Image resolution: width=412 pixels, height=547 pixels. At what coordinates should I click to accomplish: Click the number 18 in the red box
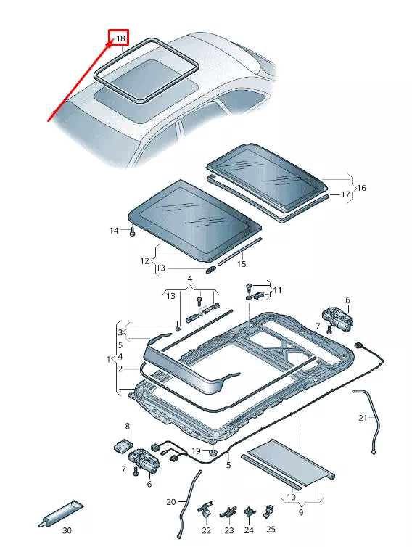tap(120, 38)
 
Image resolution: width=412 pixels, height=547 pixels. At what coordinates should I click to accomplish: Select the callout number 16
tap(361, 188)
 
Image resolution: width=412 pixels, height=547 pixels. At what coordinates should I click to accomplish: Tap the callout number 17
tap(345, 194)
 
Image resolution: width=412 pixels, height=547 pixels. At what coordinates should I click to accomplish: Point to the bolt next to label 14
tap(133, 231)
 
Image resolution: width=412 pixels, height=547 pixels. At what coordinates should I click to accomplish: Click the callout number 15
tap(242, 263)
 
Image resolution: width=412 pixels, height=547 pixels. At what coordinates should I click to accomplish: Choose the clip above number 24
tap(249, 514)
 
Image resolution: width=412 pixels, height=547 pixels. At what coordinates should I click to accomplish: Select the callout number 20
tap(171, 501)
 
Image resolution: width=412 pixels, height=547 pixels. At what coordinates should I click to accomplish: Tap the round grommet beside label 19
tap(213, 453)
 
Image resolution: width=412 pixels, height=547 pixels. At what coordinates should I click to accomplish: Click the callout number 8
tap(127, 426)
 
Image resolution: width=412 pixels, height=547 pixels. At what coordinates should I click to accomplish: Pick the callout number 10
tap(291, 498)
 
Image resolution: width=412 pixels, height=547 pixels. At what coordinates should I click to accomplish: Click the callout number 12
tap(144, 260)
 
